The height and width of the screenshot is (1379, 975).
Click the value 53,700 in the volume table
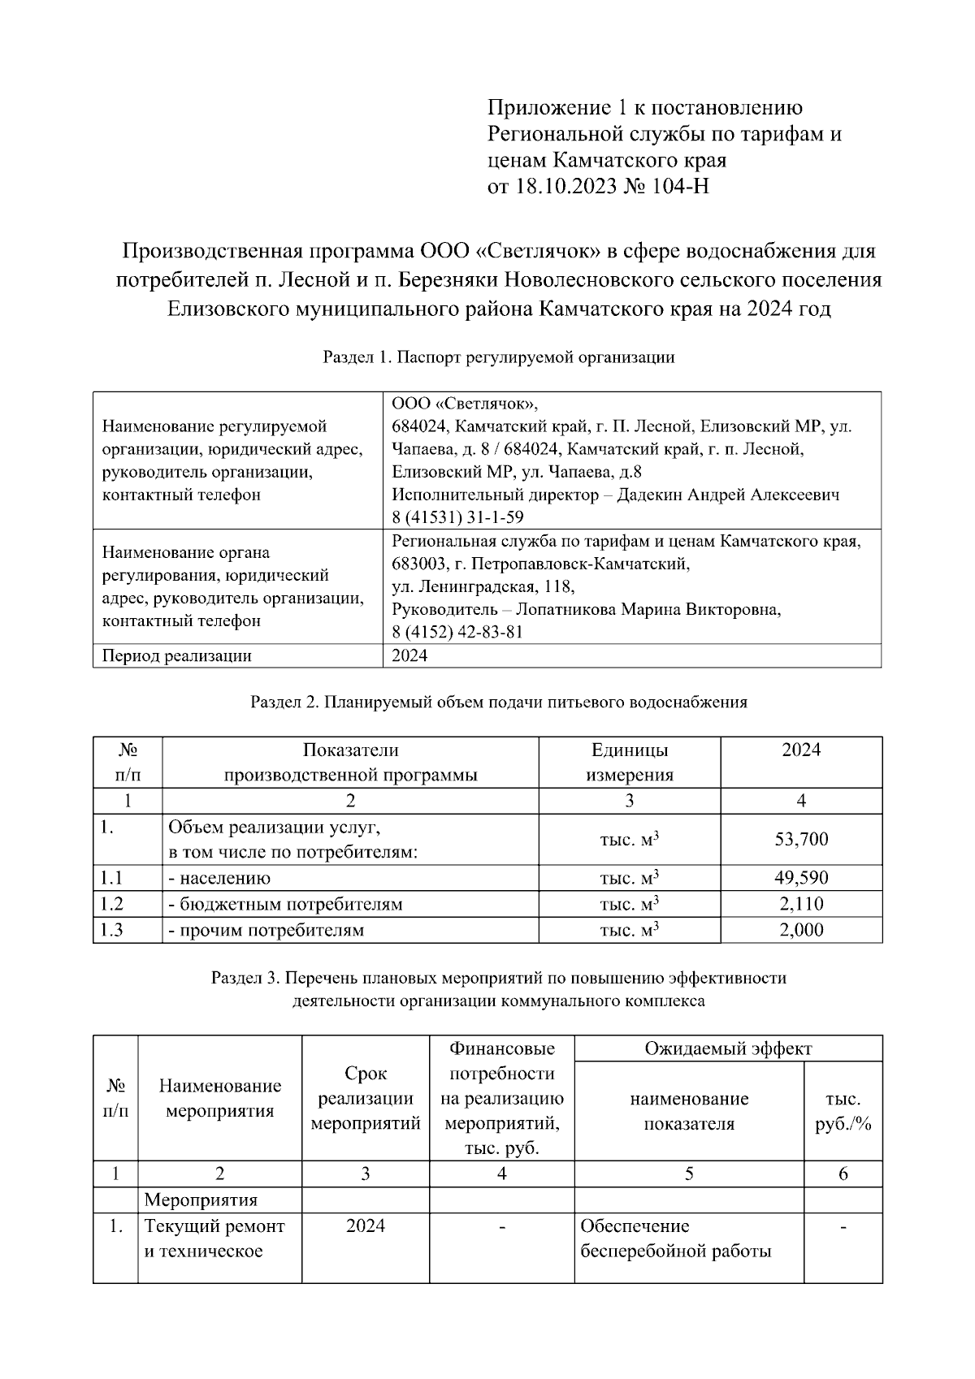(801, 839)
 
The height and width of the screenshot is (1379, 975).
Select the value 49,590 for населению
(801, 878)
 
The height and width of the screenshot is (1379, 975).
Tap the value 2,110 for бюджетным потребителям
(801, 904)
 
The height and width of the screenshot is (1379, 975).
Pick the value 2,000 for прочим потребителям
(801, 930)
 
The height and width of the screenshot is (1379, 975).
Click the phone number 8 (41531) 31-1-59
(457, 517)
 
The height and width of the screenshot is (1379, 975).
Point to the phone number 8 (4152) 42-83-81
(457, 632)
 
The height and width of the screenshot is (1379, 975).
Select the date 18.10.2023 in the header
(565, 187)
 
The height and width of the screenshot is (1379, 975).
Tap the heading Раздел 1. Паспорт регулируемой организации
(499, 357)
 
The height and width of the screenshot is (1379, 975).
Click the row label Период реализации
(176, 655)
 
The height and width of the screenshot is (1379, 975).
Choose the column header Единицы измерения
(630, 762)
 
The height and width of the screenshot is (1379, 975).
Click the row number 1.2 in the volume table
(111, 904)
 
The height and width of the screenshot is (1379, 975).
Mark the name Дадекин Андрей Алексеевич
(728, 495)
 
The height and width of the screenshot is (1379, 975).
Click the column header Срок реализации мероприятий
(366, 1099)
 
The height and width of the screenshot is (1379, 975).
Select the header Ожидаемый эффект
(728, 1048)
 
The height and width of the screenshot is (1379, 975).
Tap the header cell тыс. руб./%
(843, 1111)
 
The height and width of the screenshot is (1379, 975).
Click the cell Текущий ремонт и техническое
(214, 1239)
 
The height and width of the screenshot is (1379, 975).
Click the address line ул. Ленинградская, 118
(483, 586)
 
